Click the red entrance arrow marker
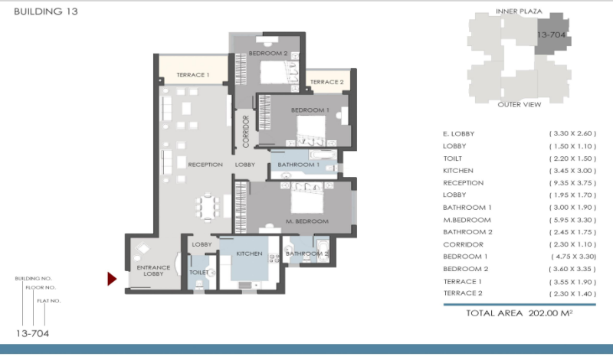coord(112,279)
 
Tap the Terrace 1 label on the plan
coord(193,74)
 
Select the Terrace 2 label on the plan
coord(327,82)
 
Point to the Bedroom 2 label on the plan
coord(268,53)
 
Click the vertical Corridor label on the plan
coord(246,131)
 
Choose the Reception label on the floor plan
coord(205,165)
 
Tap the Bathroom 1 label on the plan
coord(298,165)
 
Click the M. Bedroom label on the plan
coord(307,221)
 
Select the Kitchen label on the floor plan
coord(250,254)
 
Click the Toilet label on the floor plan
coord(199,272)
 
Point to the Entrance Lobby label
coord(153,270)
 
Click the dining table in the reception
coord(208,207)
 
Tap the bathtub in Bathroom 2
coord(322,251)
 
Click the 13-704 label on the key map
coord(551,34)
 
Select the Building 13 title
coord(46,11)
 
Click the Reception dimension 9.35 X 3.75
coord(572,183)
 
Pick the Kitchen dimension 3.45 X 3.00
coord(572,171)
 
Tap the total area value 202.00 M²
coord(550,313)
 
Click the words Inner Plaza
coord(519,11)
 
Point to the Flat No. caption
coord(49,301)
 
